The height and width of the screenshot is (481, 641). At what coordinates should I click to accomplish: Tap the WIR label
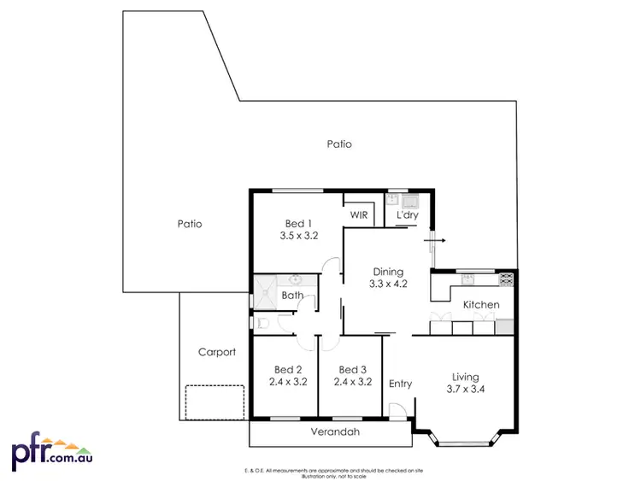[x=359, y=214]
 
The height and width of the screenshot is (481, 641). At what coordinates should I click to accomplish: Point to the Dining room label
[x=386, y=272]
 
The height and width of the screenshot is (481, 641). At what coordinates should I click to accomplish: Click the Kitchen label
[x=481, y=305]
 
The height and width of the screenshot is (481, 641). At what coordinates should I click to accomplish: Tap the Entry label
[x=400, y=384]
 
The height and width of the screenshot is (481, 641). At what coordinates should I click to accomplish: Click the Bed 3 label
[x=354, y=369]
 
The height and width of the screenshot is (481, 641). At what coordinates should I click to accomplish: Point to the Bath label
[x=293, y=296]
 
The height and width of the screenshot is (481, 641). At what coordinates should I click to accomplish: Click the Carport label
[x=216, y=352]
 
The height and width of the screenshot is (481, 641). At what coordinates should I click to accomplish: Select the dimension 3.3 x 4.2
[x=386, y=284]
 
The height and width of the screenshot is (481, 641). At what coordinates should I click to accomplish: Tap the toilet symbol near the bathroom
[x=264, y=323]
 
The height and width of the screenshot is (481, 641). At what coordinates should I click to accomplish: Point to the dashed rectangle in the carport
[x=216, y=402]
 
